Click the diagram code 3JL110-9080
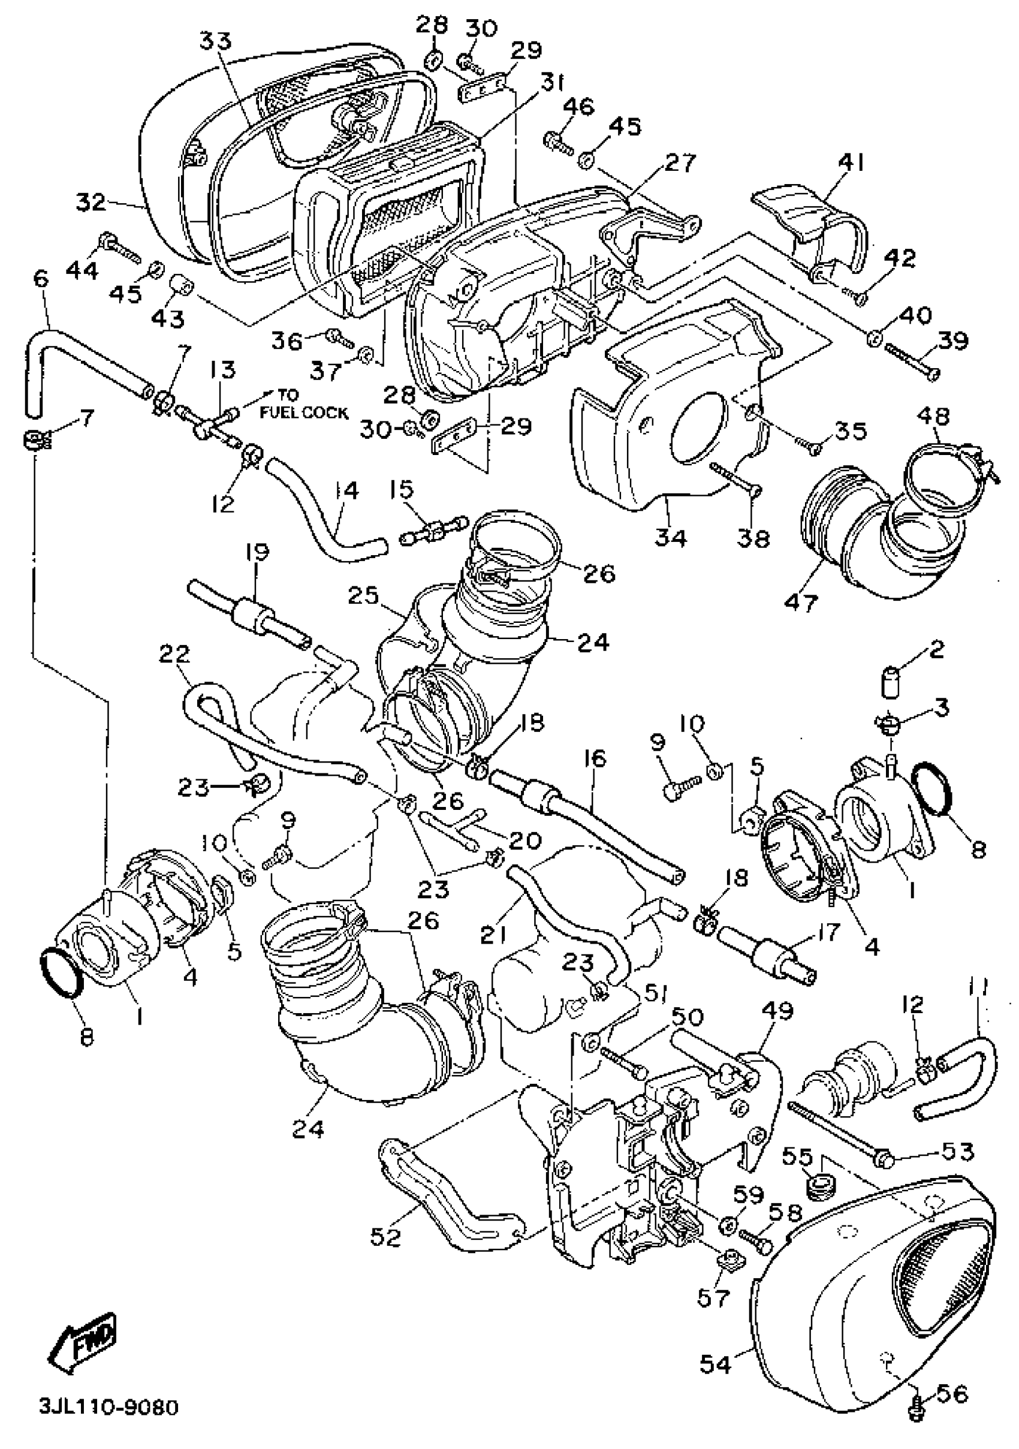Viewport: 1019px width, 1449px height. [108, 1424]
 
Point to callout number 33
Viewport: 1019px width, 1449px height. [216, 41]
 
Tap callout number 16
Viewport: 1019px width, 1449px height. [595, 758]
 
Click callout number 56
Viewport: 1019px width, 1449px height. [951, 1394]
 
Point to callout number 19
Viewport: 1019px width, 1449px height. [257, 552]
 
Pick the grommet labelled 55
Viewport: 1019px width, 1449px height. [816, 1185]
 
